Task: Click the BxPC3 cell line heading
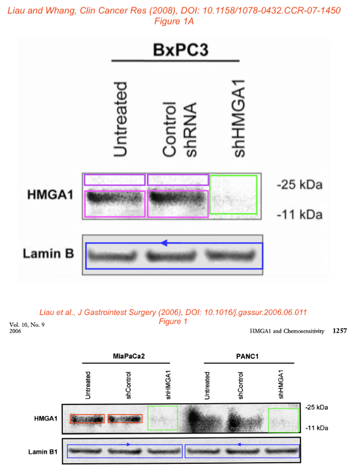click(x=181, y=50)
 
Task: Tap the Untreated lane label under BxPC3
click(x=120, y=119)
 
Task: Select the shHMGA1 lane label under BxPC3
click(x=239, y=118)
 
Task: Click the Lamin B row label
click(x=48, y=254)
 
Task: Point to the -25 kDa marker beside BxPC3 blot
click(x=299, y=185)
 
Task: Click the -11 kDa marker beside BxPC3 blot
click(x=299, y=215)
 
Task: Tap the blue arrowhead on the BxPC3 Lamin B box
click(x=164, y=243)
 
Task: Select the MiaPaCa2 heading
click(x=129, y=356)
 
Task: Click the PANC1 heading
click(x=247, y=356)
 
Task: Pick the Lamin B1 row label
click(x=43, y=451)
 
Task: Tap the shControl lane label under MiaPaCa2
click(x=128, y=385)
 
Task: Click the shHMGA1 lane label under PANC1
click(x=280, y=384)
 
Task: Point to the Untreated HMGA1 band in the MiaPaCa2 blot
click(x=87, y=419)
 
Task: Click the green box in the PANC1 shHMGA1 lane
click(x=269, y=420)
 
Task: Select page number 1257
click(x=340, y=330)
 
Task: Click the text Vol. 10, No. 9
click(x=27, y=325)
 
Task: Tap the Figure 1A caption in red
click(x=174, y=21)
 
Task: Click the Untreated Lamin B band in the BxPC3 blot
click(x=112, y=256)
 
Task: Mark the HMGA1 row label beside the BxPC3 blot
click(x=50, y=195)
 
